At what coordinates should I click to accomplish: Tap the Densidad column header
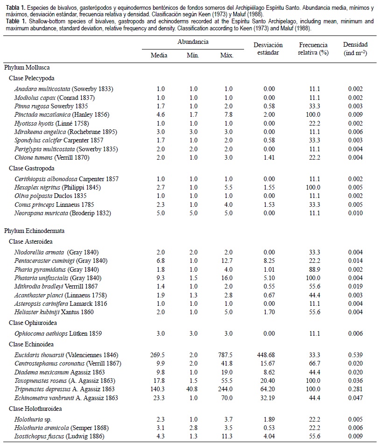(x=355, y=49)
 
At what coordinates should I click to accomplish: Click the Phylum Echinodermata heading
(x=35, y=231)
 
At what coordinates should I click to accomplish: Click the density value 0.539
(x=355, y=355)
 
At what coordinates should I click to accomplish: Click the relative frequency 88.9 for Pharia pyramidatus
(x=313, y=269)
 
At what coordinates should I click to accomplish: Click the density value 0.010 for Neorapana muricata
(x=355, y=213)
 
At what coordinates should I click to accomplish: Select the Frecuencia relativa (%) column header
(x=313, y=49)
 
